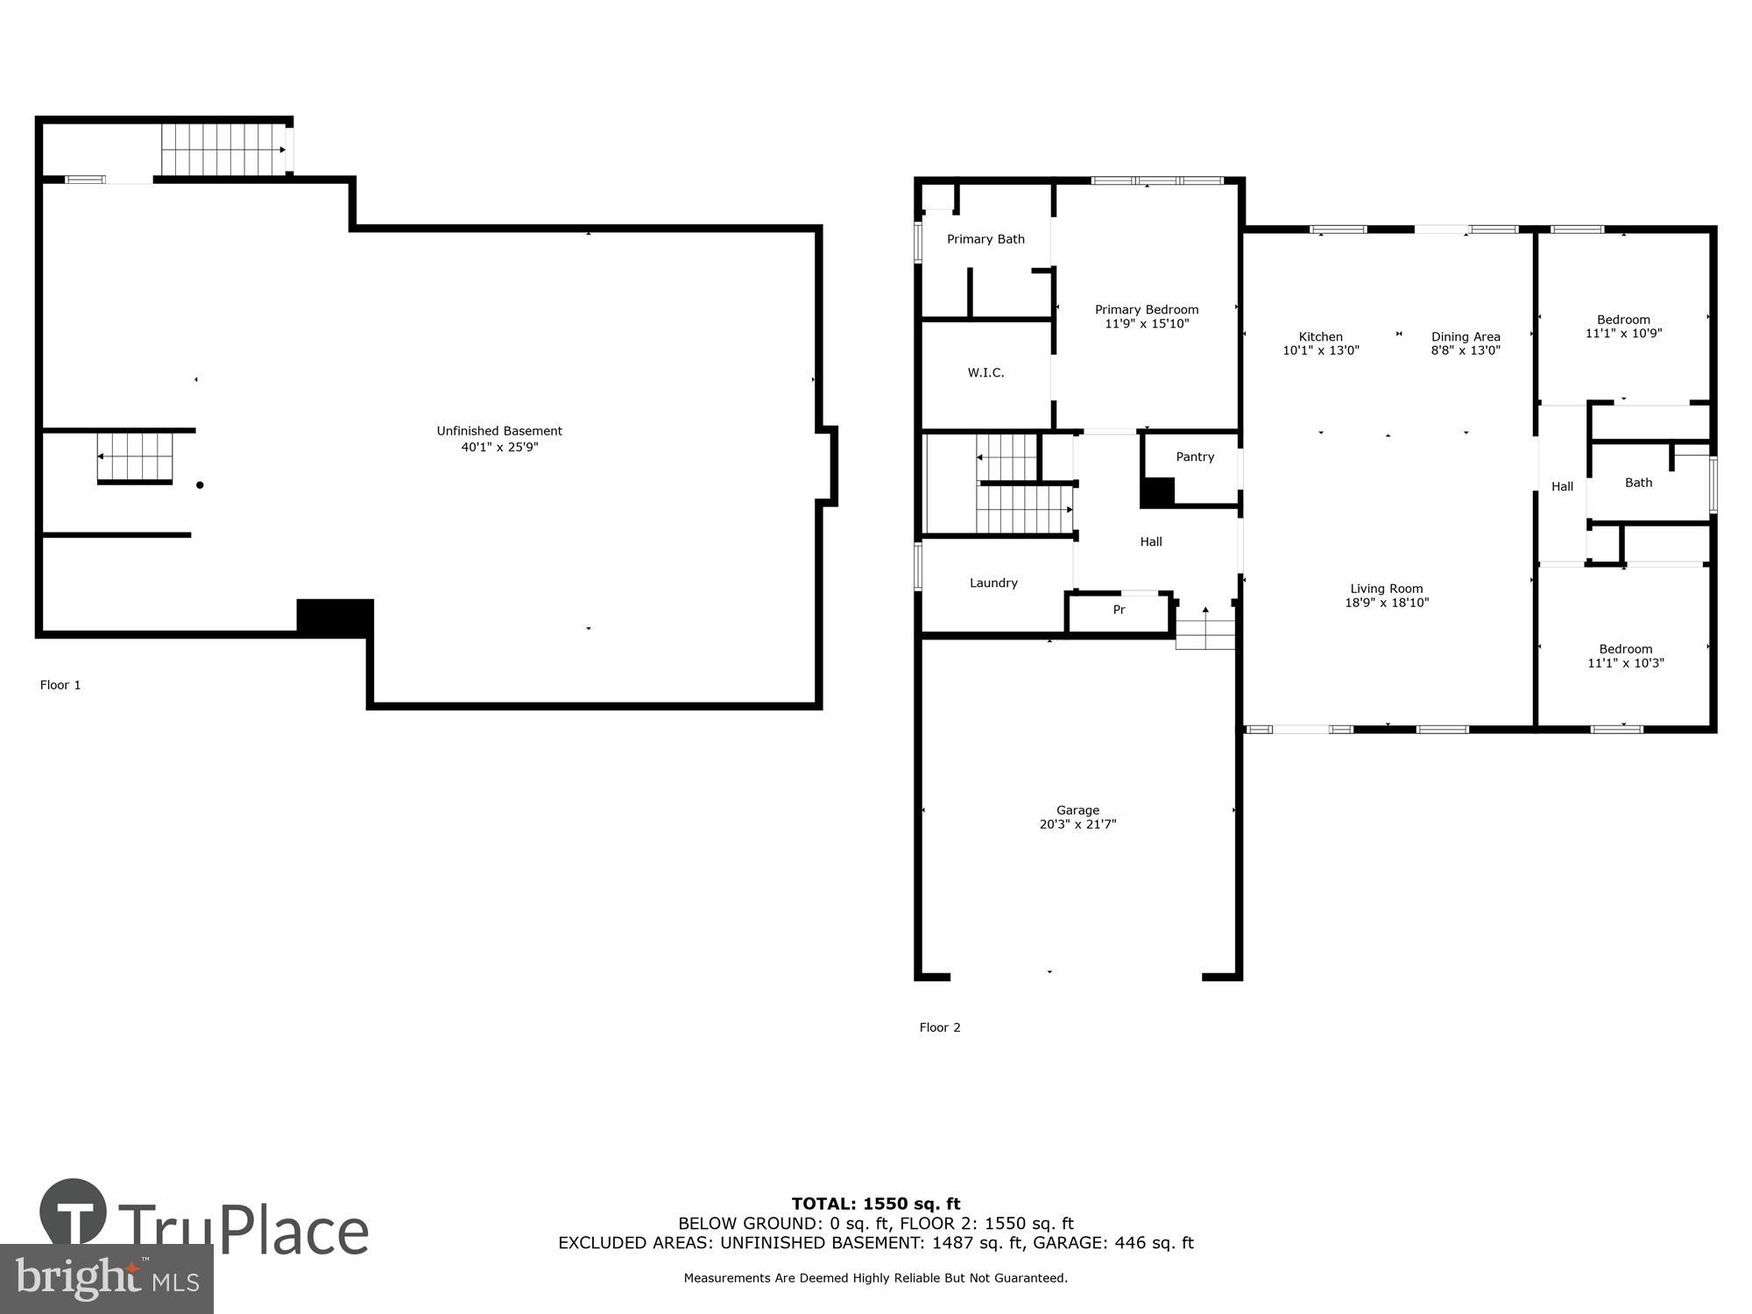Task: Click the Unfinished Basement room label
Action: click(x=499, y=431)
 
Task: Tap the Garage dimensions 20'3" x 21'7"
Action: click(x=1077, y=824)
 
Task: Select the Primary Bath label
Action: click(x=985, y=239)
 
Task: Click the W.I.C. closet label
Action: click(x=985, y=373)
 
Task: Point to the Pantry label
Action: click(x=1195, y=457)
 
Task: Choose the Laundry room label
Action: click(x=993, y=583)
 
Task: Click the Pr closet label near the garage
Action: click(x=1119, y=611)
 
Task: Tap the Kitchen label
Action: click(x=1320, y=336)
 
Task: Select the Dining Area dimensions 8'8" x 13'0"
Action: click(x=1466, y=350)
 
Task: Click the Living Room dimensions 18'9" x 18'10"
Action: click(x=1387, y=603)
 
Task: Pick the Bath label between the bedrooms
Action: click(x=1638, y=483)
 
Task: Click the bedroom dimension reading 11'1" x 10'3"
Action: click(x=1625, y=663)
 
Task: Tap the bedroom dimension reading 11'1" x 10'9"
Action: click(x=1623, y=334)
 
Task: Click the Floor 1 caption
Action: click(x=60, y=685)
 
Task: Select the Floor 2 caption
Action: click(x=940, y=1028)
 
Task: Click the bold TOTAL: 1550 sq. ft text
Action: click(x=876, y=1204)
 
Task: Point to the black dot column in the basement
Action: click(x=200, y=484)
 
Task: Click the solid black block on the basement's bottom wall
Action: click(x=336, y=618)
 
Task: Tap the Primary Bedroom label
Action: click(x=1146, y=309)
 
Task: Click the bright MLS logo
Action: click(x=106, y=1279)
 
